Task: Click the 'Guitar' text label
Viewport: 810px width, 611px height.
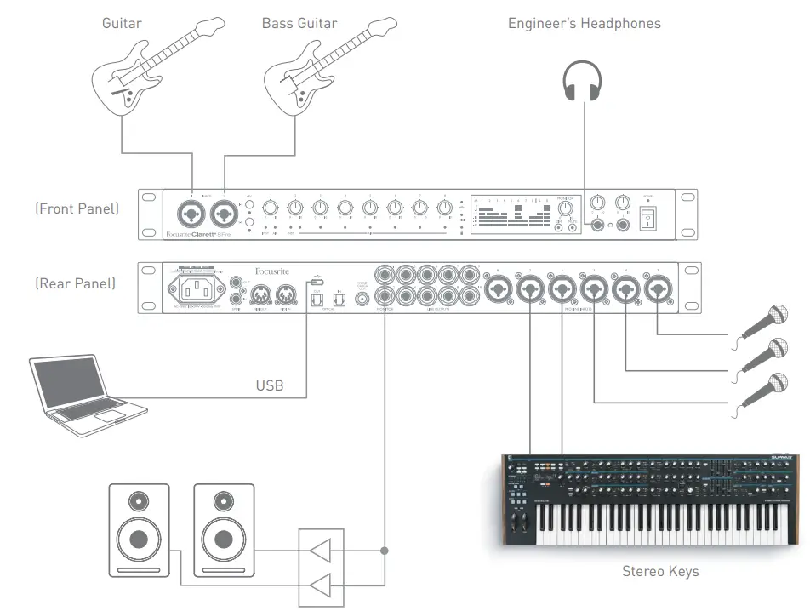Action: pyautogui.click(x=122, y=23)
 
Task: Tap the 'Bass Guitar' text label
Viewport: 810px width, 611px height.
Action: pyautogui.click(x=299, y=23)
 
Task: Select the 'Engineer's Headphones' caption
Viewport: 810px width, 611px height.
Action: pyautogui.click(x=584, y=23)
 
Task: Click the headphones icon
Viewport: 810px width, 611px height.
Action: pyautogui.click(x=584, y=83)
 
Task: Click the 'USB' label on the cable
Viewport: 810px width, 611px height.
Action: pyautogui.click(x=270, y=385)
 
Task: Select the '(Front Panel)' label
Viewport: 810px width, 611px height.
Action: pyautogui.click(x=77, y=208)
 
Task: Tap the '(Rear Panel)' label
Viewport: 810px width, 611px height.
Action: pyautogui.click(x=76, y=283)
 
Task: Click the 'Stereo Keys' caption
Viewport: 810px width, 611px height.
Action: pyautogui.click(x=660, y=571)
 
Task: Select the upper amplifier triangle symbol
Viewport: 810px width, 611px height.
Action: pyautogui.click(x=321, y=552)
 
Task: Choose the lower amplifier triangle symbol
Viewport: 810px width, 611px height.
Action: pyautogui.click(x=321, y=585)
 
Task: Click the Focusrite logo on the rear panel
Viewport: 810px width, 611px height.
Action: pyautogui.click(x=272, y=271)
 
